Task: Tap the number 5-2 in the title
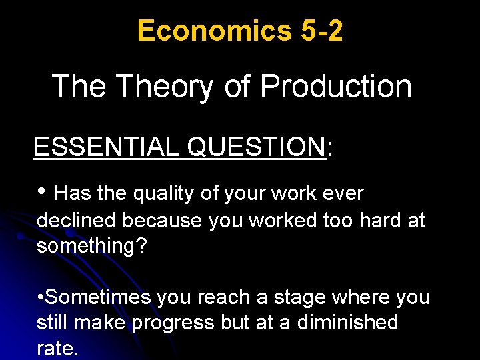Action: (320, 31)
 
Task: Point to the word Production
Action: (335, 87)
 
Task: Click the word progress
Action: (174, 323)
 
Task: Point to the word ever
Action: (343, 194)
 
